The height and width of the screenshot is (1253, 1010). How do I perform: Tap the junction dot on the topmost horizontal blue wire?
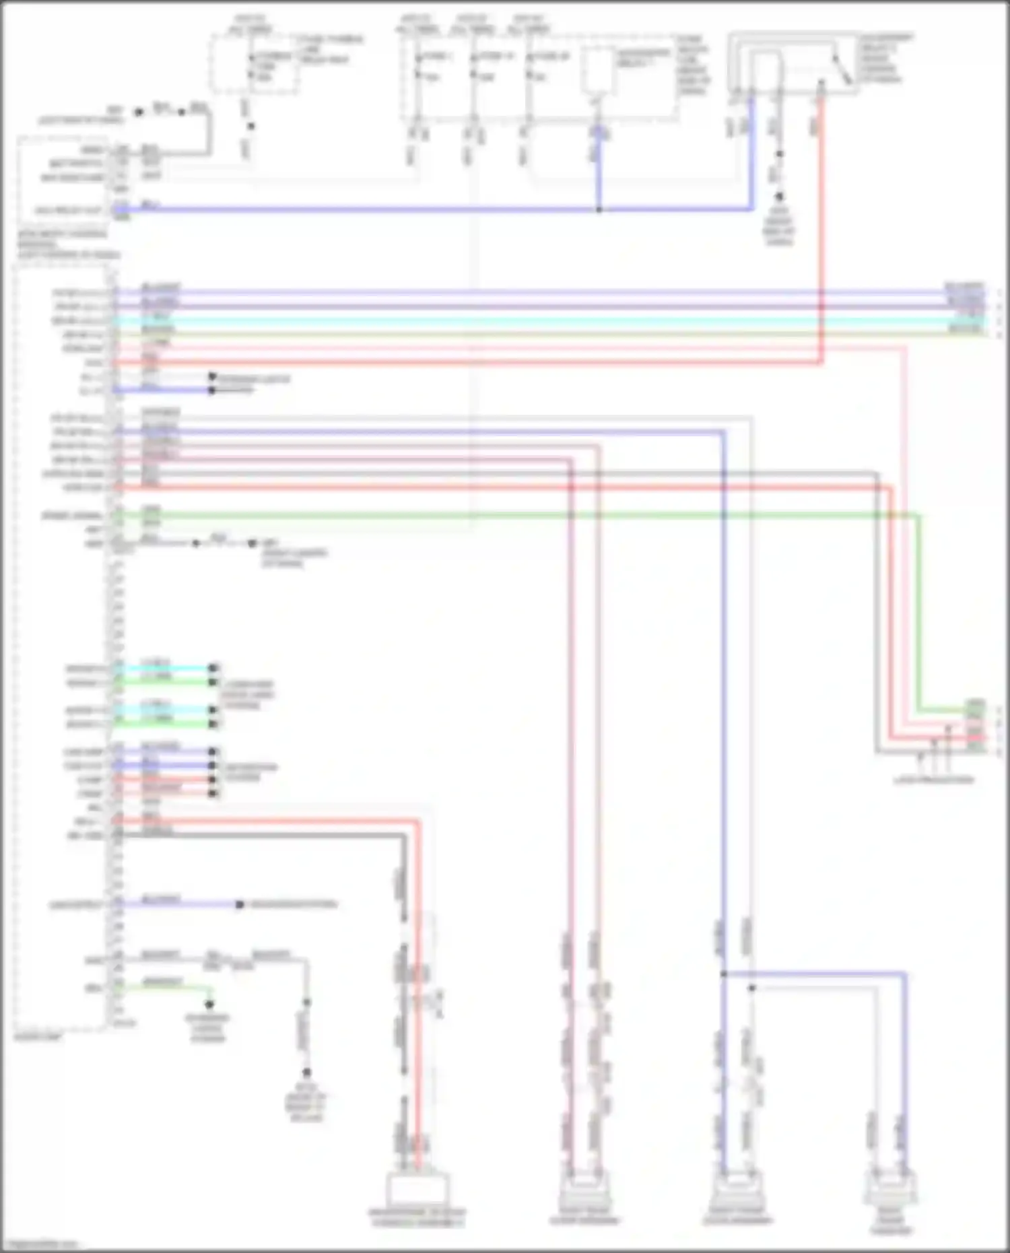point(599,209)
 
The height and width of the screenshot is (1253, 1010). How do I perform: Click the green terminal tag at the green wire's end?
point(975,709)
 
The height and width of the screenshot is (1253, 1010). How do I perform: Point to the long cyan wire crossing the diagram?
point(539,320)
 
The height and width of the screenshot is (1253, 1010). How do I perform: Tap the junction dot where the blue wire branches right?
point(724,974)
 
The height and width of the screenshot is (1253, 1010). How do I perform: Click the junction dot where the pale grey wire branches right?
point(751,988)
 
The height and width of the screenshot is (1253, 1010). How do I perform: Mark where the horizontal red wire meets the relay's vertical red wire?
point(821,362)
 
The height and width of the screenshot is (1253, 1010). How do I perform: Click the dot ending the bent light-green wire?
point(209,1004)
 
